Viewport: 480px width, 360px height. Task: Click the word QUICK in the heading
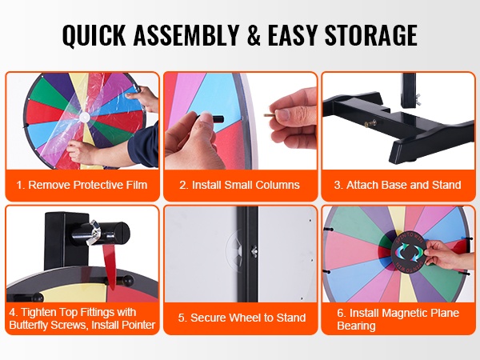pos(94,35)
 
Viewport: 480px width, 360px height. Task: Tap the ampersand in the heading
pos(253,34)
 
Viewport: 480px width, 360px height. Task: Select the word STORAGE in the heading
pos(371,34)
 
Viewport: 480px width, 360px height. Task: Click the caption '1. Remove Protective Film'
pos(82,185)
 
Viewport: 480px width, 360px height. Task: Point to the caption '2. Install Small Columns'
pos(240,185)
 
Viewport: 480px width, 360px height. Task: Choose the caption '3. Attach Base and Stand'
pos(398,185)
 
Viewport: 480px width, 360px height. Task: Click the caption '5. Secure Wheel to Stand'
pos(242,318)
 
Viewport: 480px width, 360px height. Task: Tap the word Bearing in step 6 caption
pos(356,326)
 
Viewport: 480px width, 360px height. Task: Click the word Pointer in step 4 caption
pos(138,325)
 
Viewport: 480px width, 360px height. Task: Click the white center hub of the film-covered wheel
pos(84,117)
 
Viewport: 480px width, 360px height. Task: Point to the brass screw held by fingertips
pos(269,115)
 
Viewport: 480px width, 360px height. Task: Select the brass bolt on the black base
pos(370,124)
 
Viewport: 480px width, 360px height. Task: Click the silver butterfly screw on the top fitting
pos(95,233)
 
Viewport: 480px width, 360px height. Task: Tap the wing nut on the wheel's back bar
pos(254,251)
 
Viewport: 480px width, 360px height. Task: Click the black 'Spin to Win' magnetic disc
pos(408,251)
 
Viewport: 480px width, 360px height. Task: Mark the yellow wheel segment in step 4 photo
pos(74,293)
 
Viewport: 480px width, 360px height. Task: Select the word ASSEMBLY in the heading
pos(186,34)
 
